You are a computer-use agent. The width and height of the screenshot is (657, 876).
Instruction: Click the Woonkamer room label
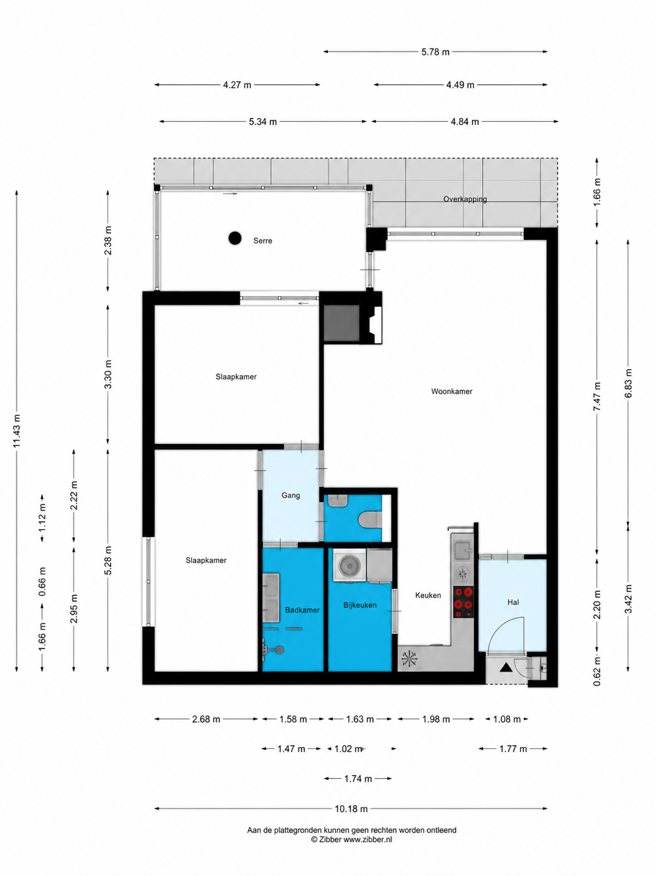tap(451, 391)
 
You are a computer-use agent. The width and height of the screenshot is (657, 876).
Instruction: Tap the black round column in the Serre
tap(235, 238)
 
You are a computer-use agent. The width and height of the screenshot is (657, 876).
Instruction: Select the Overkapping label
tap(465, 199)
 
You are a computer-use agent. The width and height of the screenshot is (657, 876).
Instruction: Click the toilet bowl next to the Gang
tap(370, 520)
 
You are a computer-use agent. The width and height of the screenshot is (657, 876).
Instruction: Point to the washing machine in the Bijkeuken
tap(350, 564)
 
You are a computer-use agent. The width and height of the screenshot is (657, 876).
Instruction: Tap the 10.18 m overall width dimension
tap(351, 809)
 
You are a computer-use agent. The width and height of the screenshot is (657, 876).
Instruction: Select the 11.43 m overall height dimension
tap(17, 431)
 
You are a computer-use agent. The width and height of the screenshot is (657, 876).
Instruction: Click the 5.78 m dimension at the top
tap(436, 52)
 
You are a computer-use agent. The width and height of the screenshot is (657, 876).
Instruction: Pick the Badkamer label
tap(302, 610)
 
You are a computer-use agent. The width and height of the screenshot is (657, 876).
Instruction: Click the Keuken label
tap(428, 595)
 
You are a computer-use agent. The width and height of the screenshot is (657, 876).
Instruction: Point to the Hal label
tap(513, 602)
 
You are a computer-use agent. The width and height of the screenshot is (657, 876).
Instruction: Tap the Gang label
tap(290, 495)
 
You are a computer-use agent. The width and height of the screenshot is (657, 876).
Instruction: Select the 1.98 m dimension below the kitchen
tap(436, 719)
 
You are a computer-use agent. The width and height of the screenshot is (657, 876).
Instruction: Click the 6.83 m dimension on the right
tap(629, 383)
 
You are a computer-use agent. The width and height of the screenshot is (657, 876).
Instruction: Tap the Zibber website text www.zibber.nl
tap(368, 839)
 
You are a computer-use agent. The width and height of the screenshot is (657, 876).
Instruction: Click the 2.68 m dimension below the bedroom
tap(206, 719)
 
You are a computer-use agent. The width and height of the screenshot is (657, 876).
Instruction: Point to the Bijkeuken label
tap(360, 605)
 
